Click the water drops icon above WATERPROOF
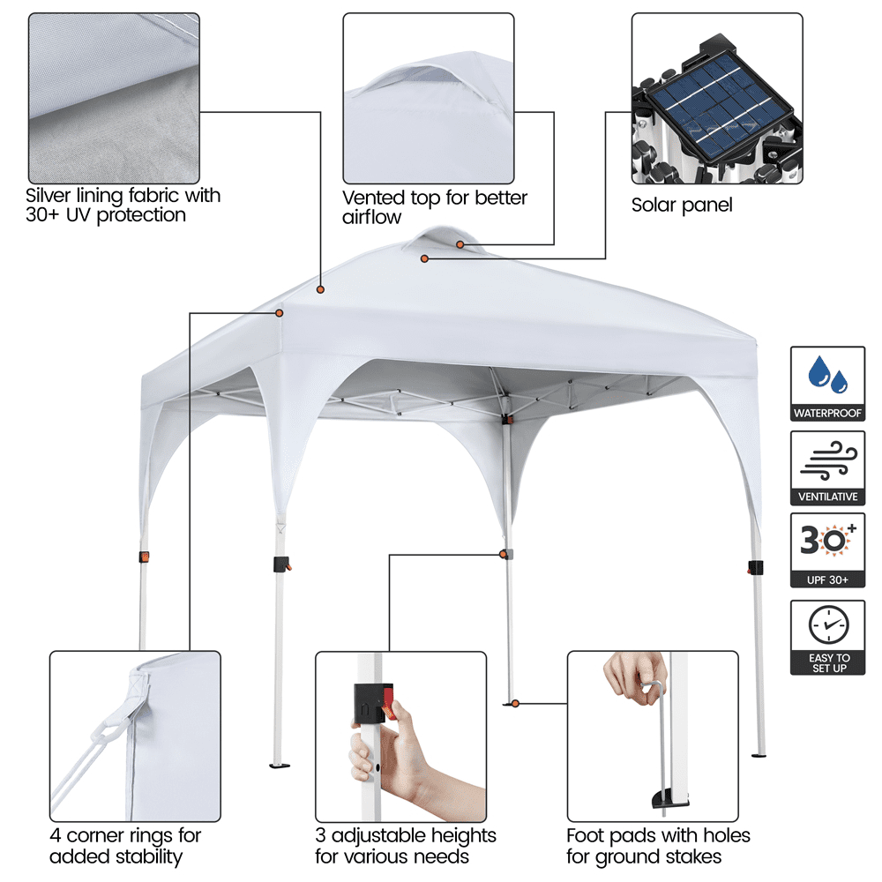pyautogui.click(x=827, y=374)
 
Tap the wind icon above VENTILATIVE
pyautogui.click(x=828, y=460)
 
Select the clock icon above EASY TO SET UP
pyautogui.click(x=828, y=624)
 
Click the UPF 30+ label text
pyautogui.click(x=827, y=579)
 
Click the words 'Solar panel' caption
pyautogui.click(x=682, y=206)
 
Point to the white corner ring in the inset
pyautogui.click(x=107, y=732)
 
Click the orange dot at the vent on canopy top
pyautogui.click(x=460, y=244)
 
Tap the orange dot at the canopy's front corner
pyautogui.click(x=279, y=313)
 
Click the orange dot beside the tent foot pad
pyautogui.click(x=515, y=704)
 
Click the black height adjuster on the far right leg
pyautogui.click(x=756, y=567)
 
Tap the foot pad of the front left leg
pyautogui.click(x=280, y=765)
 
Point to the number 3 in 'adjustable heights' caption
pyautogui.click(x=320, y=836)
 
